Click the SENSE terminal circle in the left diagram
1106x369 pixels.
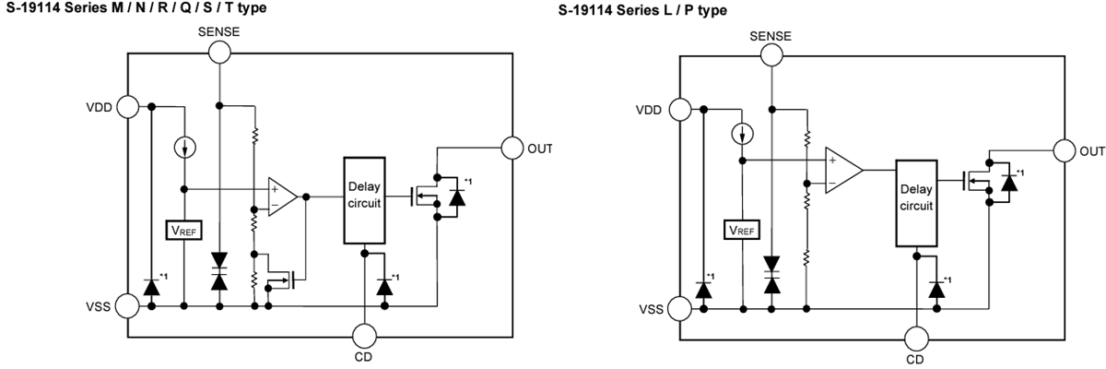click(218, 53)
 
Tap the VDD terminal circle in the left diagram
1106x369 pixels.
click(127, 107)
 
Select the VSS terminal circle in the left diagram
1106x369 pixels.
click(127, 304)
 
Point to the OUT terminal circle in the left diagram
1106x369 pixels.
click(512, 147)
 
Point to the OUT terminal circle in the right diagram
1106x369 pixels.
click(1064, 150)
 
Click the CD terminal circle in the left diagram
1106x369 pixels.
click(365, 333)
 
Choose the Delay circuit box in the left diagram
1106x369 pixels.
click(365, 199)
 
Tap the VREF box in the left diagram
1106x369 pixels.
click(182, 230)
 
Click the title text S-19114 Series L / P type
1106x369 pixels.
click(642, 11)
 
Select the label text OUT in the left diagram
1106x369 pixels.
click(539, 148)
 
